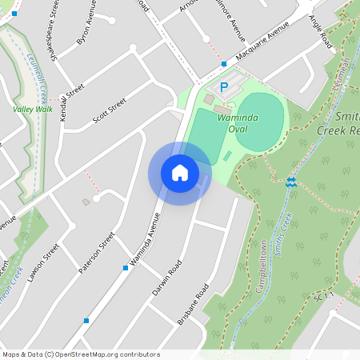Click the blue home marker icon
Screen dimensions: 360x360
tap(180, 173)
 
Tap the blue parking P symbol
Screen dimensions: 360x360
tap(225, 86)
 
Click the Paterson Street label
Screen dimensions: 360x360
tap(97, 252)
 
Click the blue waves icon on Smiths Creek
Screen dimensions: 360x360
tap(292, 182)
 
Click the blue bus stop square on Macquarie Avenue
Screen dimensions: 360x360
tap(224, 63)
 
